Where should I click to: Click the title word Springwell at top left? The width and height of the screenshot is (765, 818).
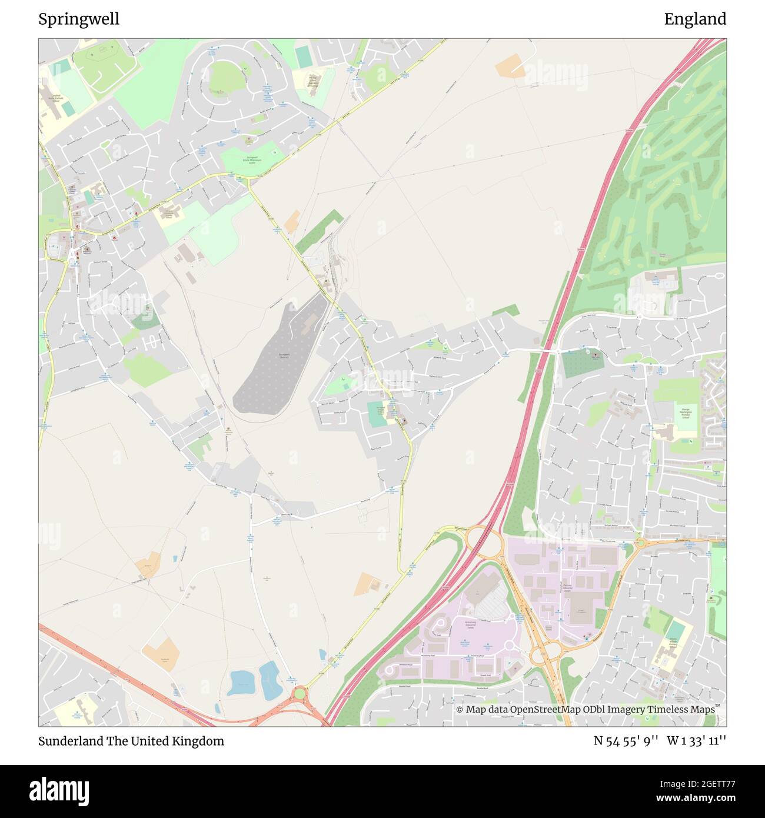(x=79, y=19)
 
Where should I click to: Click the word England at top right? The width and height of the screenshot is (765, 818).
(x=695, y=19)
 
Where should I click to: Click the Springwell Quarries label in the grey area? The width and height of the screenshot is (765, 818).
(x=284, y=355)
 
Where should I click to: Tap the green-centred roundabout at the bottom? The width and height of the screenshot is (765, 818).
(x=300, y=694)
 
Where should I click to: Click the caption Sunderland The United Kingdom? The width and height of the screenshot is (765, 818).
(x=131, y=741)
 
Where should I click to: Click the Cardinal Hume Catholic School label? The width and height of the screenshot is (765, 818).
(x=56, y=98)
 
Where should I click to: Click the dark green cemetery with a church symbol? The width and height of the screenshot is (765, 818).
(x=583, y=363)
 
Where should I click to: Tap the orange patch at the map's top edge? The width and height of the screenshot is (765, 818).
(x=510, y=65)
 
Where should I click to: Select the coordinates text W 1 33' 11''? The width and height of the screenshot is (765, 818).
(x=696, y=741)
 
